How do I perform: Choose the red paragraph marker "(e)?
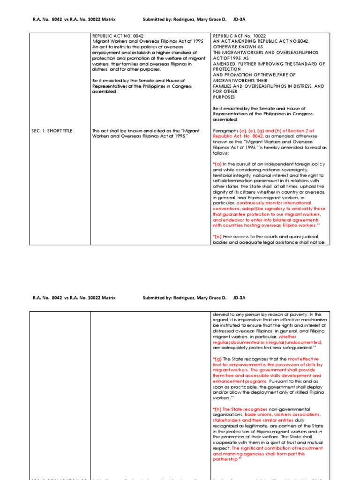coord(218,237)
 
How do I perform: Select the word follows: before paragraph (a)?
coord(221,153)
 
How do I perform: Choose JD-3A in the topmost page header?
coord(239,20)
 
